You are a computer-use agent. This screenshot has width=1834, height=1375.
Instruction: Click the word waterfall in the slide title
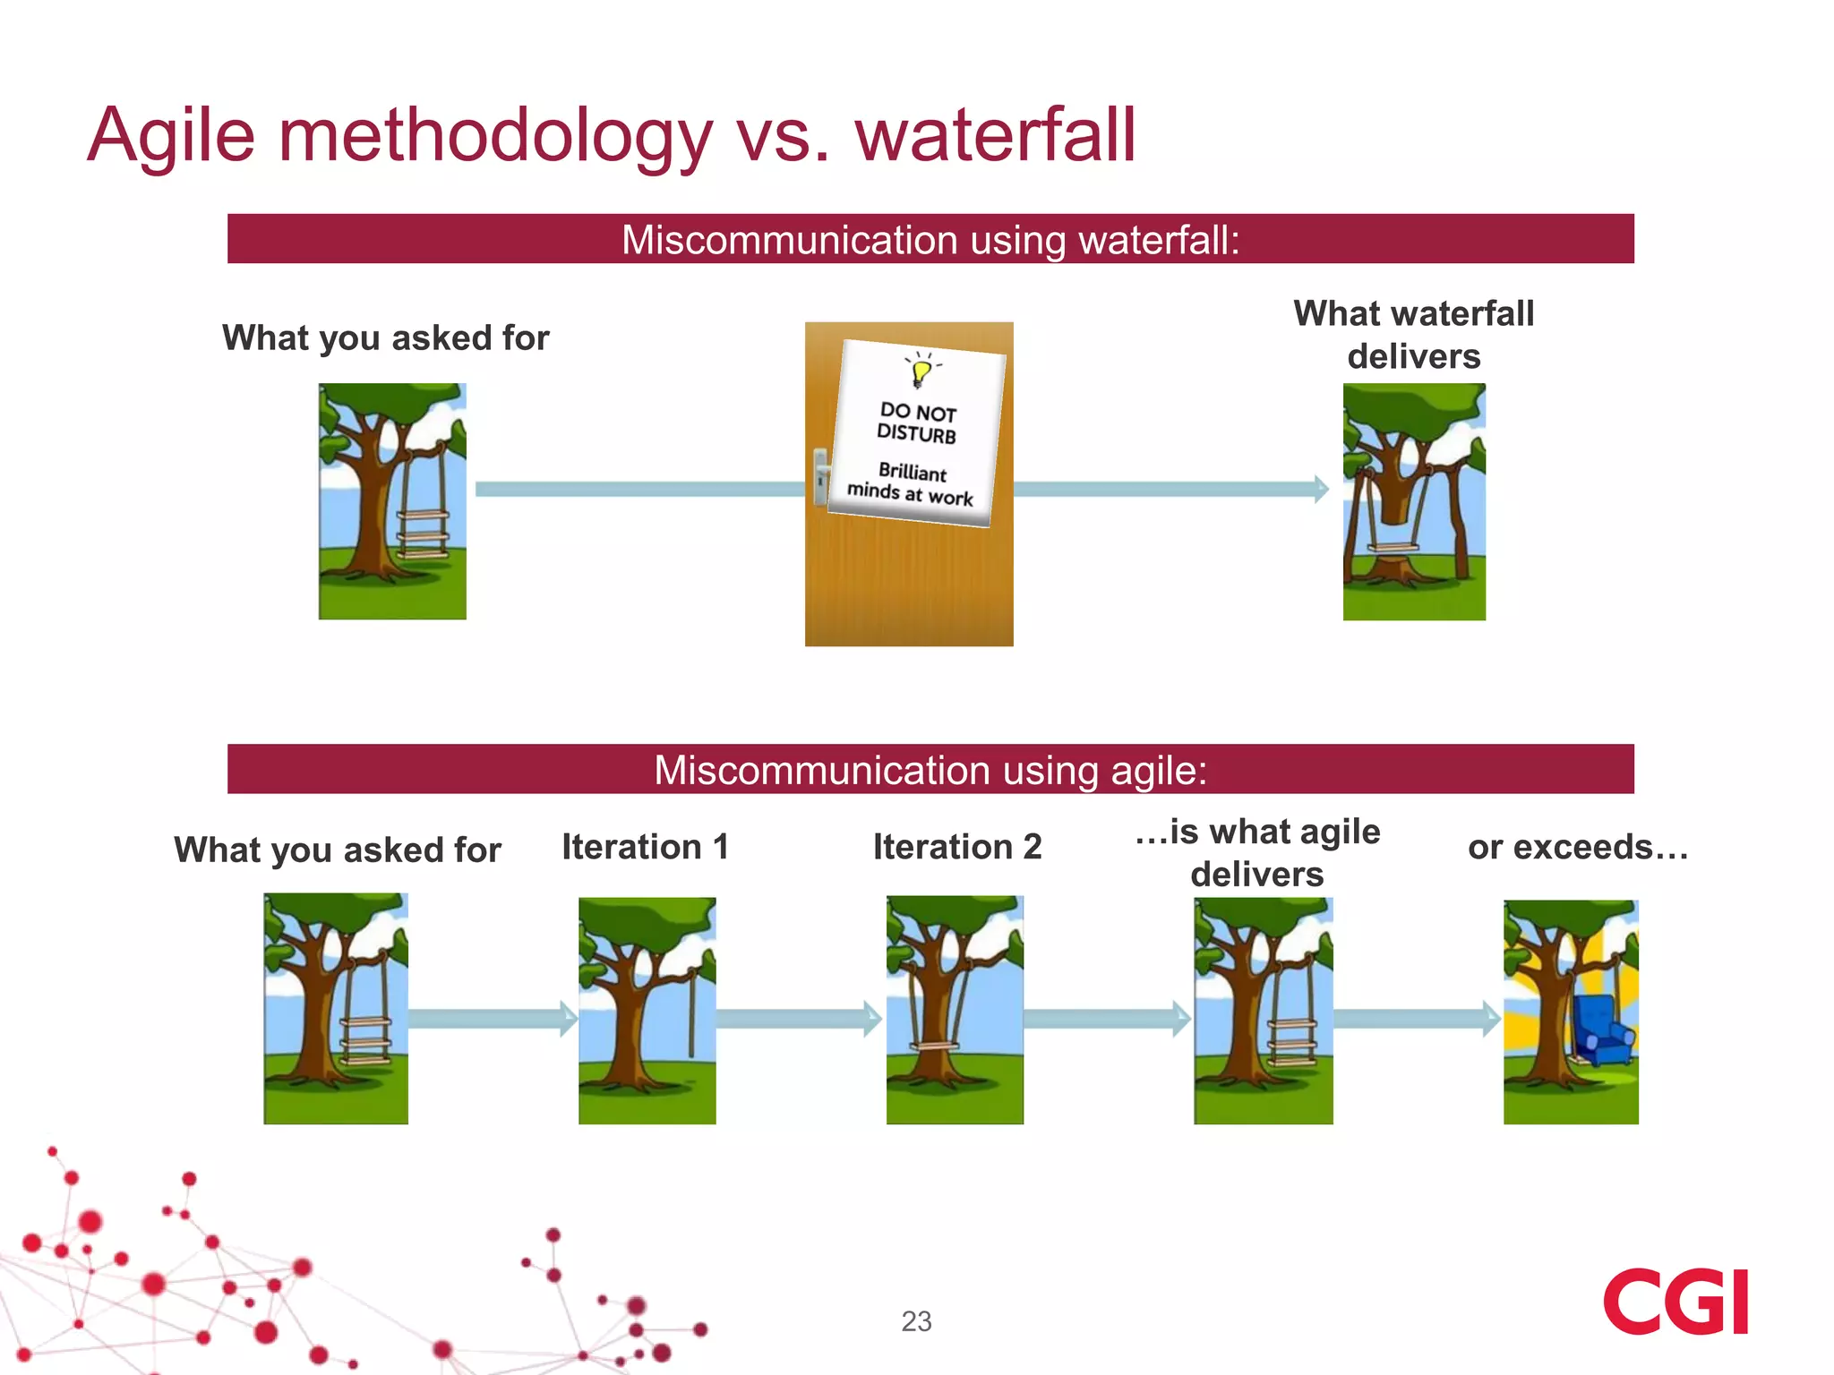tap(995, 136)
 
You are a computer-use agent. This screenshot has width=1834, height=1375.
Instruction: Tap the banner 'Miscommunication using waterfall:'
tap(930, 239)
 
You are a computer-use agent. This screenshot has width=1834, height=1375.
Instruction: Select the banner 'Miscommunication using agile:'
tap(930, 770)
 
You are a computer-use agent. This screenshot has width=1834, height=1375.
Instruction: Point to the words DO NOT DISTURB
tap(917, 423)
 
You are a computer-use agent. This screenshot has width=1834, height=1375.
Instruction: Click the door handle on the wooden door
tap(820, 476)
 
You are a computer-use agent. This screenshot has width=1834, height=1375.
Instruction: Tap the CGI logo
tap(1675, 1302)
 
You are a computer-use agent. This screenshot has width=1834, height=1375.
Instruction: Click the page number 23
tap(916, 1321)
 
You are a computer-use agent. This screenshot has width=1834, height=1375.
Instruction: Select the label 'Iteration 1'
tap(645, 847)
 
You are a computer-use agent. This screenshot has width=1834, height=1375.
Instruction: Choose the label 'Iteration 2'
tap(957, 847)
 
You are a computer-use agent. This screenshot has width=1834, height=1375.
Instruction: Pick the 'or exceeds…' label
tap(1578, 847)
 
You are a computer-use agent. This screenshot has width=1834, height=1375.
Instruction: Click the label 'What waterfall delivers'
tap(1414, 335)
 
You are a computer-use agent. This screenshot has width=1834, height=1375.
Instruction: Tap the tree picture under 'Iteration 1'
tap(647, 1011)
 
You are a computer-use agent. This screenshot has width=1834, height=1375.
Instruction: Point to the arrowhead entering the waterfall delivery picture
tap(1321, 489)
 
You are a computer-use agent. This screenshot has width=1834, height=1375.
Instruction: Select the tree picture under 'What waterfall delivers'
tap(1414, 501)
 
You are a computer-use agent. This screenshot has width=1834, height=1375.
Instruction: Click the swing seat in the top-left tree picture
tap(422, 534)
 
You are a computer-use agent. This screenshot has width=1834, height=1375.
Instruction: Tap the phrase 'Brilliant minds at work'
tap(911, 484)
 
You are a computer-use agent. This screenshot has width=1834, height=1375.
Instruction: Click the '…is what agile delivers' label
tap(1257, 852)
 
